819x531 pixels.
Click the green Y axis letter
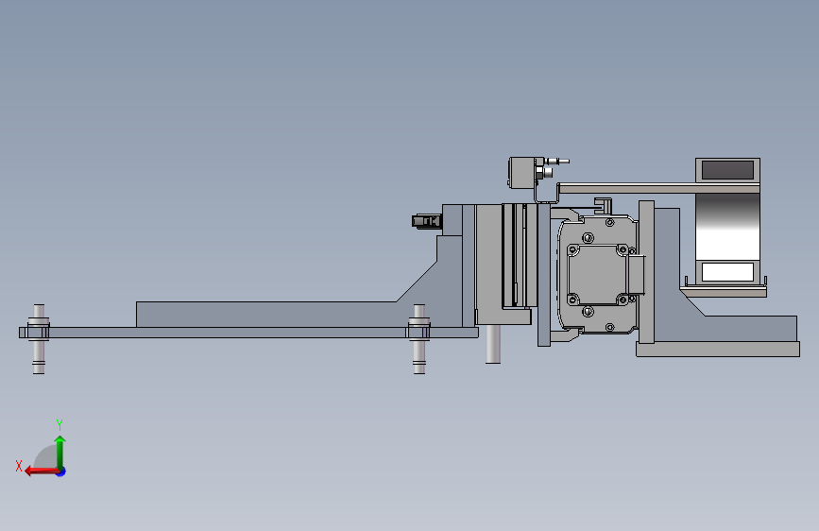pyautogui.click(x=60, y=424)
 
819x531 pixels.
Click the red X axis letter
pyautogui.click(x=19, y=466)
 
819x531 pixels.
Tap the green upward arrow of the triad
pyautogui.click(x=60, y=452)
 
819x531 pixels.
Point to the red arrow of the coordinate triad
pyautogui.click(x=42, y=471)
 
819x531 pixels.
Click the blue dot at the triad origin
pyautogui.click(x=61, y=471)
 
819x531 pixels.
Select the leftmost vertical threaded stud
pyautogui.click(x=39, y=338)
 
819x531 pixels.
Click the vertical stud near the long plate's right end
pyautogui.click(x=418, y=338)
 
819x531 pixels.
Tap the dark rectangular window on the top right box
pyautogui.click(x=727, y=170)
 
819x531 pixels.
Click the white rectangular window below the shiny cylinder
pyautogui.click(x=727, y=272)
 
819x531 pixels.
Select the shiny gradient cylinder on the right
pyautogui.click(x=727, y=227)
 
